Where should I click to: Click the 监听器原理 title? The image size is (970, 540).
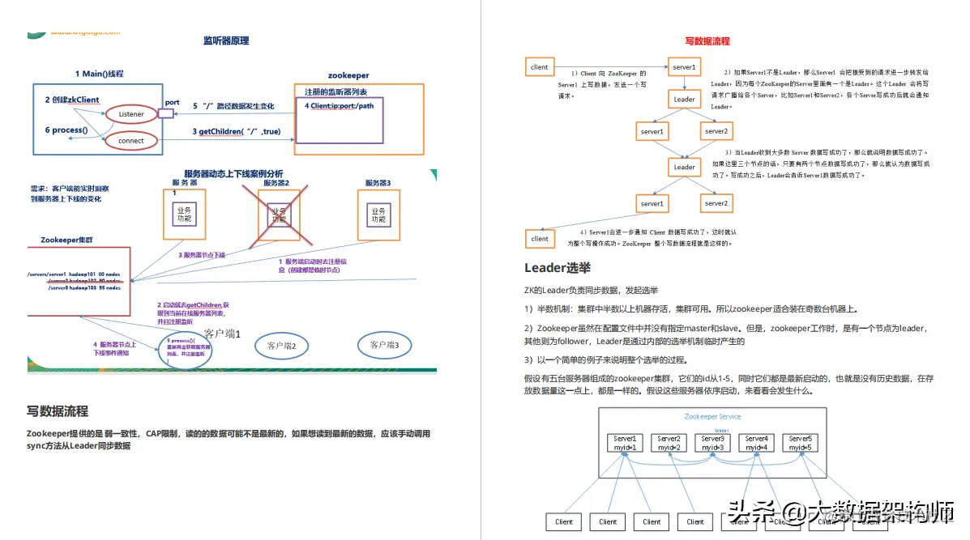click(x=226, y=40)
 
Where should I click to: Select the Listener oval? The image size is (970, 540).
click(x=131, y=114)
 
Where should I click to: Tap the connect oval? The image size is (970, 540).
click(x=131, y=141)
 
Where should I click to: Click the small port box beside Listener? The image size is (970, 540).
click(x=166, y=114)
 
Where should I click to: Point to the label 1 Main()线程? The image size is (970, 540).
click(x=100, y=74)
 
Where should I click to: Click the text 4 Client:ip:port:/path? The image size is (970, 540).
click(x=340, y=106)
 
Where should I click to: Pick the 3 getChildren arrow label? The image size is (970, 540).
click(x=237, y=131)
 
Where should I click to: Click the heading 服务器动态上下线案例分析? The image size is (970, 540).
click(x=233, y=173)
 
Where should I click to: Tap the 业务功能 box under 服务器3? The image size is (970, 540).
click(x=378, y=215)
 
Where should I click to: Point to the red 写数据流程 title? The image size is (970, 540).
click(x=707, y=41)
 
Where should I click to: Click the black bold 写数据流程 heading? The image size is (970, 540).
click(x=58, y=411)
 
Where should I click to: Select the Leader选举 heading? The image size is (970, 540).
click(x=558, y=268)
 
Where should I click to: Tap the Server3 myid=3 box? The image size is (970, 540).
click(x=713, y=443)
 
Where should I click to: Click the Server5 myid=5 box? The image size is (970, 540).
click(x=801, y=443)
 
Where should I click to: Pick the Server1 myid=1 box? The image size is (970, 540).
click(x=625, y=443)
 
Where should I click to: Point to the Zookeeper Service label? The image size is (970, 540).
click(x=712, y=416)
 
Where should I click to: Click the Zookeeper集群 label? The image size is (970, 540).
click(x=68, y=240)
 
